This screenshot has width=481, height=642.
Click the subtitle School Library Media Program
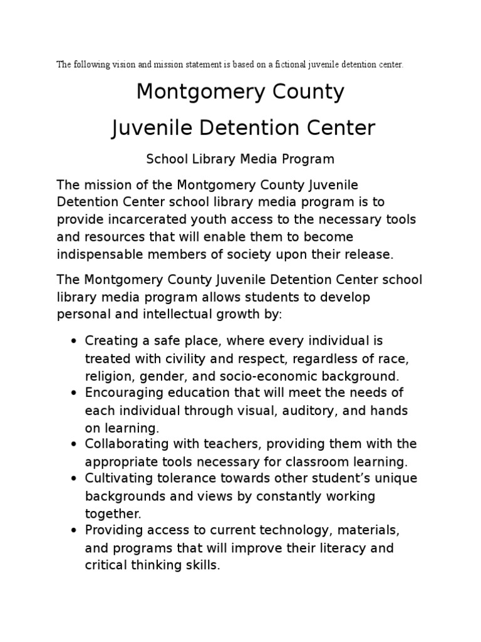coord(240,159)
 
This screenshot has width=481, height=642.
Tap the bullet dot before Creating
coord(75,342)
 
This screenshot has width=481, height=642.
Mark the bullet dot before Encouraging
coord(75,394)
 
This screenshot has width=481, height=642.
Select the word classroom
coord(333,462)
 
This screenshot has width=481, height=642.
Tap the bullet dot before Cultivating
coord(75,480)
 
